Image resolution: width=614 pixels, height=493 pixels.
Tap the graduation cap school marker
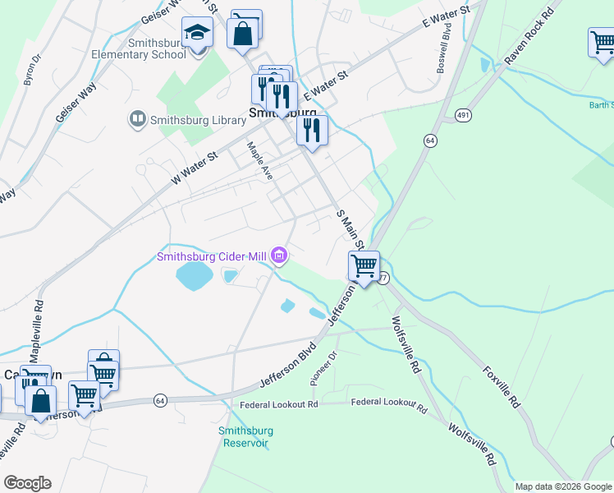click(x=197, y=34)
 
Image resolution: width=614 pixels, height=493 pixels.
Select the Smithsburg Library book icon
click(x=137, y=120)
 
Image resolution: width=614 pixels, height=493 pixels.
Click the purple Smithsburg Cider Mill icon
click(x=279, y=257)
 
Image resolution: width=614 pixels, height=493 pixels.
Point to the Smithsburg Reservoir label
click(x=245, y=436)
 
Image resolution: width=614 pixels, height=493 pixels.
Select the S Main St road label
click(x=350, y=230)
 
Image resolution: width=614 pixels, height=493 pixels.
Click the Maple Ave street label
click(x=260, y=160)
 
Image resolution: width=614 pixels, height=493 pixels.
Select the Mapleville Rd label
click(x=39, y=326)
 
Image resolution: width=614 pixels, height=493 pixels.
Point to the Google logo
click(x=27, y=483)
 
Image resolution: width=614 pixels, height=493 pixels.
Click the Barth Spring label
click(x=600, y=104)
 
